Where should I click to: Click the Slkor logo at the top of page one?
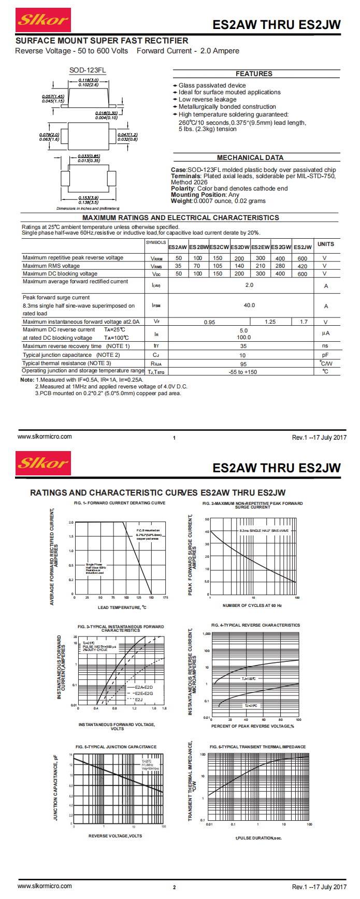[43, 20]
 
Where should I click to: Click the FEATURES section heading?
[254, 74]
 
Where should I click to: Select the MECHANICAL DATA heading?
[250, 157]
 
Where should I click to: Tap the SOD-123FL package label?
[88, 70]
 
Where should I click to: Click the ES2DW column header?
[240, 247]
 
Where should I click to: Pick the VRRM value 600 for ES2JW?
[303, 258]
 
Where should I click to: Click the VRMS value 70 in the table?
[197, 266]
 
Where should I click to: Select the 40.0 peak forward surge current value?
[249, 305]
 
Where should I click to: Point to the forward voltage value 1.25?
[270, 322]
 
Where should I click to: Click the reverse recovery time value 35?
[243, 346]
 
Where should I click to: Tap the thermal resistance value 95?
[243, 364]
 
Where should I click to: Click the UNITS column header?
[326, 244]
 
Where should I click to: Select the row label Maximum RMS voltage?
[51, 266]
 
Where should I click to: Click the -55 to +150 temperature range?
[243, 372]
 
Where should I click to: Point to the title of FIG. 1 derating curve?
[120, 503]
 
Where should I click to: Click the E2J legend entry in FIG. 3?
[138, 700]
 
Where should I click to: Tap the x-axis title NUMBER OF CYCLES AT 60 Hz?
[252, 605]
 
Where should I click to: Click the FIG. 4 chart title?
[255, 625]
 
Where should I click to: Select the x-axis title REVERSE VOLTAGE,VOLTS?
[115, 836]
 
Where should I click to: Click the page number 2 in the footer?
[174, 887]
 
